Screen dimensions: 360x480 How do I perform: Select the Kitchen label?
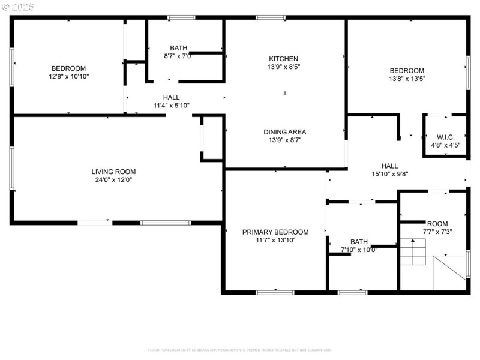click(283, 59)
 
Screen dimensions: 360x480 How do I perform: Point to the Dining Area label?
click(285, 132)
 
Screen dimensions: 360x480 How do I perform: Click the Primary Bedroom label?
click(275, 232)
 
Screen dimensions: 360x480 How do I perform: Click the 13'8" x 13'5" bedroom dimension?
click(407, 79)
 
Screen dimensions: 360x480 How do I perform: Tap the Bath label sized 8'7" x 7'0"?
click(178, 48)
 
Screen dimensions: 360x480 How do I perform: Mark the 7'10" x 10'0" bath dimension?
click(359, 250)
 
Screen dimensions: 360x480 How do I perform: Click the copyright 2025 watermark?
click(19, 7)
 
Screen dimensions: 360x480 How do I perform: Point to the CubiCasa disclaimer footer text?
click(239, 350)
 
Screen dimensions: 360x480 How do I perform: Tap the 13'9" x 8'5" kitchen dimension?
click(283, 67)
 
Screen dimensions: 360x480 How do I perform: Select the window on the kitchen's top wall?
click(271, 17)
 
